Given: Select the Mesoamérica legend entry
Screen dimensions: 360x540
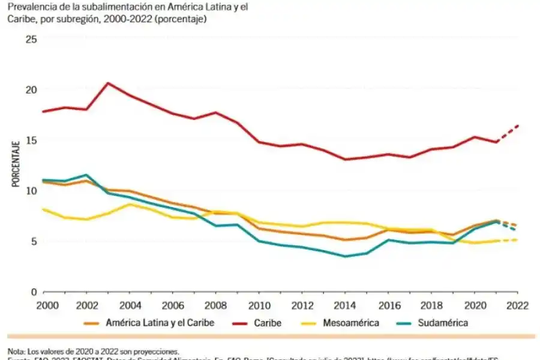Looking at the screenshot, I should point(351,323).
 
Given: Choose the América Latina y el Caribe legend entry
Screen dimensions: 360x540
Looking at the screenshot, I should point(160,323).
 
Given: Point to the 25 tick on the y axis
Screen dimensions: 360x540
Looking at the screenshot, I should point(31,39).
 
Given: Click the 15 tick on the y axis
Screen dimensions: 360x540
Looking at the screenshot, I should point(31,140).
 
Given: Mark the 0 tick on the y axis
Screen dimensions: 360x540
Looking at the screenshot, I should point(34,292).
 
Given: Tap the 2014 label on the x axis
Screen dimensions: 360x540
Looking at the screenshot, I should point(344,305).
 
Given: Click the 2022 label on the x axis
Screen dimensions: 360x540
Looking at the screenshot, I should point(517,305).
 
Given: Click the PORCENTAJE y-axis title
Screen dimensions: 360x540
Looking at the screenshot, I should point(16,164).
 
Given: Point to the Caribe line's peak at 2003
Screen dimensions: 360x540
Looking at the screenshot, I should point(107,83).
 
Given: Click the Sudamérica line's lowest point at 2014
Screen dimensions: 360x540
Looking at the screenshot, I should point(344,256).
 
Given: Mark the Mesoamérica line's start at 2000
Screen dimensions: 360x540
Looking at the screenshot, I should point(43,209).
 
